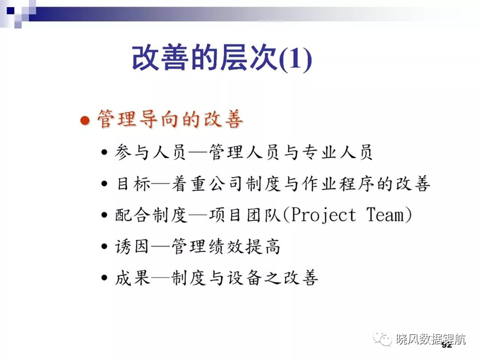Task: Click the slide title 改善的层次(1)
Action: coord(222,58)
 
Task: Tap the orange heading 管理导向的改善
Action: coord(170,119)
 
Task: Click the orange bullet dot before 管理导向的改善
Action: coord(85,120)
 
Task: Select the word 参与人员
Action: coord(151,152)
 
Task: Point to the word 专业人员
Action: coord(337,152)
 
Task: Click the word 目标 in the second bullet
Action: coord(134,184)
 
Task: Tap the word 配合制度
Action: coord(151,215)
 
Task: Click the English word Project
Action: coord(323,215)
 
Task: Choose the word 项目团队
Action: coord(245,215)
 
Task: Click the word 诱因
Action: coord(132,246)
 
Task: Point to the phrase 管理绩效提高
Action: coord(226,246)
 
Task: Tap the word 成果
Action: coord(132,278)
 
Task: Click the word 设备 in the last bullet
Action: coord(244,278)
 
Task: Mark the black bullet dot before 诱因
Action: coord(104,246)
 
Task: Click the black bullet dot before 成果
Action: coord(104,278)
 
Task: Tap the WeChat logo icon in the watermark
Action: coord(381,338)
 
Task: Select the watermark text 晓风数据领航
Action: coord(431,339)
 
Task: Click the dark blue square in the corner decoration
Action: coord(11,11)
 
